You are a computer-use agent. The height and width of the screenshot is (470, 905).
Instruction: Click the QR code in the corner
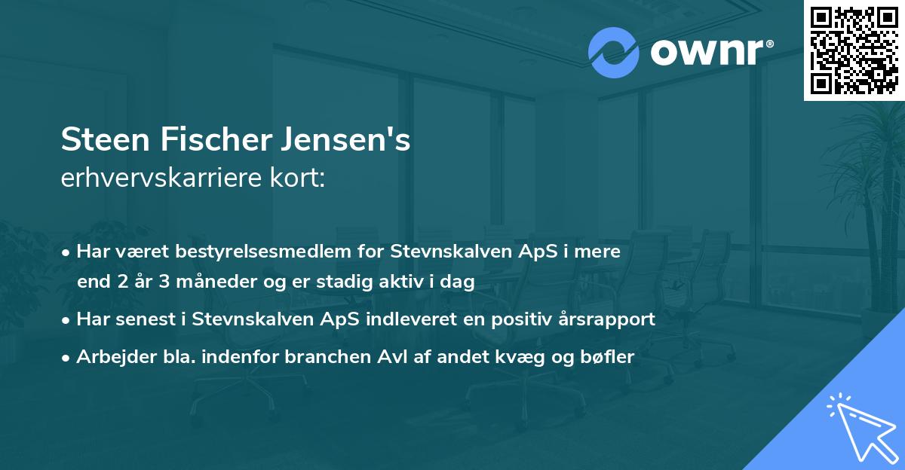pos(854,50)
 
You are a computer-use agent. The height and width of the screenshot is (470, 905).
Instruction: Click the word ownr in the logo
pos(705,52)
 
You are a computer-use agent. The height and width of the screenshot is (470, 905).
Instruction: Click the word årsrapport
pos(611,319)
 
